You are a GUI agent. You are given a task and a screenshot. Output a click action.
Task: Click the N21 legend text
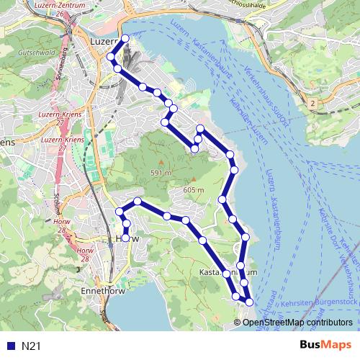pyautogui.click(x=31, y=346)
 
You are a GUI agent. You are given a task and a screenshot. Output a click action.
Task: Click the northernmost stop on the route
pyautogui.click(x=125, y=38)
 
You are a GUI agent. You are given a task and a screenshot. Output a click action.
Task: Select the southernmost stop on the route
pyautogui.click(x=249, y=302)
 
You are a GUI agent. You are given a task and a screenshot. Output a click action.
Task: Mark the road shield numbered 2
pyautogui.click(x=312, y=104)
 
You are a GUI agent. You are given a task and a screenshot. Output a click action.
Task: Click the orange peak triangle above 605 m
pyautogui.click(x=193, y=180)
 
